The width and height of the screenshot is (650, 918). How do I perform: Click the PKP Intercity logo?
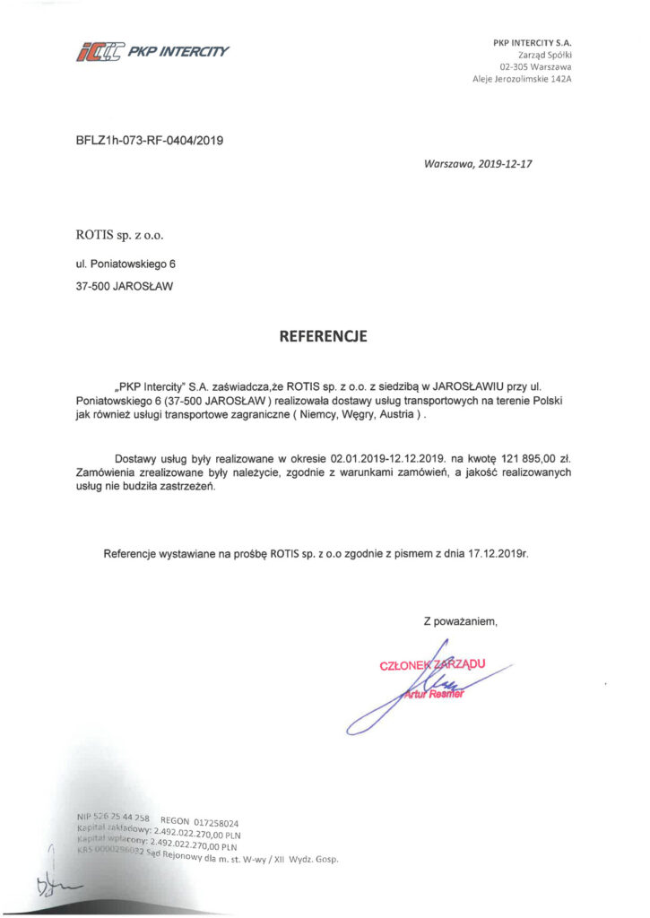coord(152,51)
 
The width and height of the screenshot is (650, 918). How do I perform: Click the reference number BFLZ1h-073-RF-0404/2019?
coord(150,140)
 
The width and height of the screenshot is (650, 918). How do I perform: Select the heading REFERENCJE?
coord(324,337)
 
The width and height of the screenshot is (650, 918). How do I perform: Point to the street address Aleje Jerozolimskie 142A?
coord(522,79)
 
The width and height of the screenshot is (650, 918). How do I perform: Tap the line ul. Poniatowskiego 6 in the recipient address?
coord(126,264)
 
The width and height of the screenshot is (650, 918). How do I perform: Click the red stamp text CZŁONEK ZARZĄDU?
coord(432,664)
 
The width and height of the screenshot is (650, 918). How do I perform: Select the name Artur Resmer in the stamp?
coord(433,694)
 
